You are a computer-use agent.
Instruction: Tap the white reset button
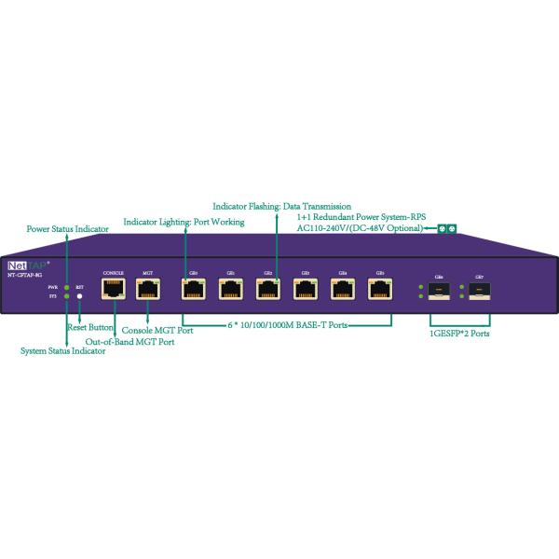tap(80, 296)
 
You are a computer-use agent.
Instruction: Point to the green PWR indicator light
tap(67, 286)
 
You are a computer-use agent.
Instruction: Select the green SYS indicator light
tap(67, 296)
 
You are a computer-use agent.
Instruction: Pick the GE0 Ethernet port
tap(192, 289)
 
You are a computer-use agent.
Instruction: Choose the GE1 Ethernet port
tap(229, 289)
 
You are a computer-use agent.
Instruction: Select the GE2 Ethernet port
tap(266, 289)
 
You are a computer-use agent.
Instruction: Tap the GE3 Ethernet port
tap(304, 289)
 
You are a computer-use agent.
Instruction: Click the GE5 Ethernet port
tap(378, 289)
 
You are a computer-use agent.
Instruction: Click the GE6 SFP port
tap(437, 291)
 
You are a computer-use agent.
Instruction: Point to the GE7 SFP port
tap(479, 291)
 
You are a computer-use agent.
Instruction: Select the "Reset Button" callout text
tap(90, 328)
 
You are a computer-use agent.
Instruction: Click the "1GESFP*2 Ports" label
tap(458, 332)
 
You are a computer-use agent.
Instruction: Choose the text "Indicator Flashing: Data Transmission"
tap(281, 205)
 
